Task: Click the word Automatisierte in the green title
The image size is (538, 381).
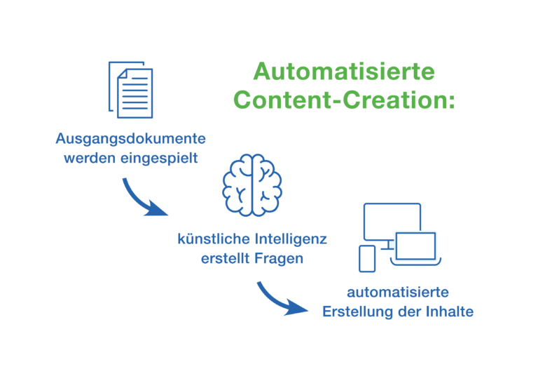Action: pos(344,72)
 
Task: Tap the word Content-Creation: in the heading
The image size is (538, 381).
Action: pos(344,100)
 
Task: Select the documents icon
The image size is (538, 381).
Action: pos(131,90)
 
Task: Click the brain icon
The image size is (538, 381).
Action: pos(252,185)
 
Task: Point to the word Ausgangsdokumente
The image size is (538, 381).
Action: pos(131,139)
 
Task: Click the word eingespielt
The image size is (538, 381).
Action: pos(159,159)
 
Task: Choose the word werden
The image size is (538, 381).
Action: pos(90,159)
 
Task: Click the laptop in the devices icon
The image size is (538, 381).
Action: pos(415,248)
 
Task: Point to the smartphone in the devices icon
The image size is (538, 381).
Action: pos(367,259)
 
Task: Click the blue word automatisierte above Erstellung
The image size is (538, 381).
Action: pos(398,293)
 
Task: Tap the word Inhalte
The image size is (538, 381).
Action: pos(450,312)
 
